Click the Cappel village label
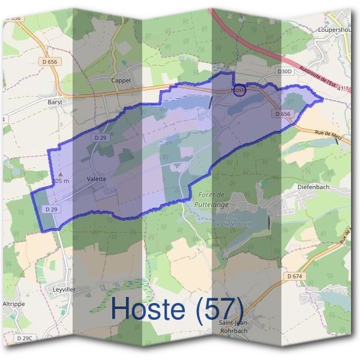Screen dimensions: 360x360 (x=121, y=80)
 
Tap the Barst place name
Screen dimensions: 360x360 (x=55, y=102)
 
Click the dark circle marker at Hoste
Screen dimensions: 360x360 (x=239, y=90)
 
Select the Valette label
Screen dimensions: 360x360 (x=96, y=179)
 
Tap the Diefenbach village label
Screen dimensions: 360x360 (x=314, y=187)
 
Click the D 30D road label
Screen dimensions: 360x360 (x=284, y=71)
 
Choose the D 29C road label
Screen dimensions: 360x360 (x=23, y=339)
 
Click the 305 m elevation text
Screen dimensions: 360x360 (x=61, y=181)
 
